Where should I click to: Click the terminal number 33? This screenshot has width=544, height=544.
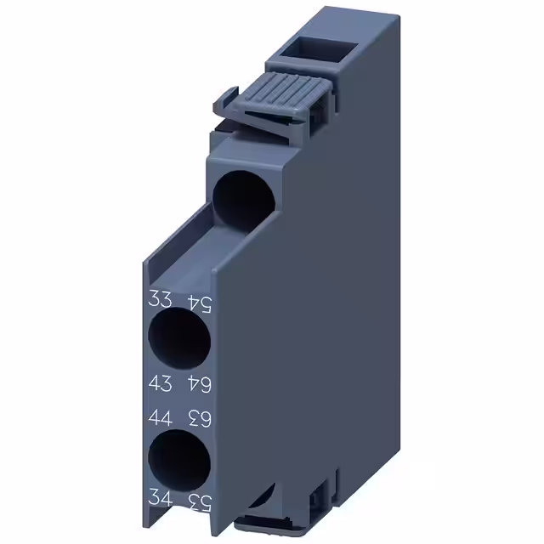[160, 299]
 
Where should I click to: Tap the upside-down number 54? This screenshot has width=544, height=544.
[199, 300]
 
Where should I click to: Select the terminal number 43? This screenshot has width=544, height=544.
[160, 384]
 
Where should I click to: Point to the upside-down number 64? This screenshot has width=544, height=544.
[199, 384]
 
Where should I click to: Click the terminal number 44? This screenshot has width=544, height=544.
[160, 416]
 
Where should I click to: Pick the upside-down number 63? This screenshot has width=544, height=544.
[199, 416]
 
